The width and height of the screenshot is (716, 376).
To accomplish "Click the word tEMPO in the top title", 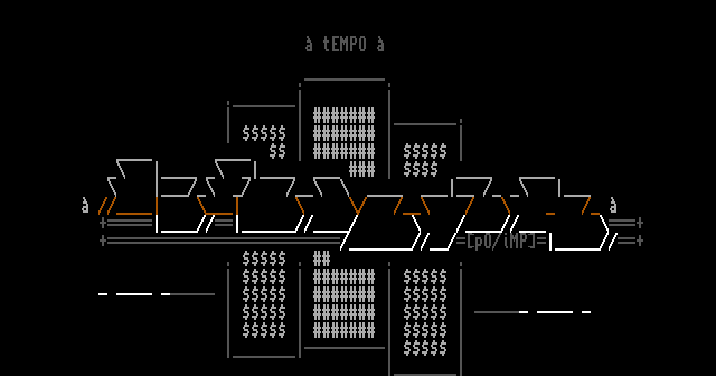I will (345, 44).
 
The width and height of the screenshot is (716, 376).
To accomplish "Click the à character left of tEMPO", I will (309, 44).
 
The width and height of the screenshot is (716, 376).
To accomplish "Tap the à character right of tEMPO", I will (380, 44).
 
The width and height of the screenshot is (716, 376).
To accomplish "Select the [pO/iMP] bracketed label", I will (501, 241).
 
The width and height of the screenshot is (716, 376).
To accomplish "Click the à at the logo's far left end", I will (85, 205).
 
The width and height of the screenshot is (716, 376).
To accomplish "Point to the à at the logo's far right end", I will (613, 205).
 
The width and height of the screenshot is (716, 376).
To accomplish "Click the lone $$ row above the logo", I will (277, 152).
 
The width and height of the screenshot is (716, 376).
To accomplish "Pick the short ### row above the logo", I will (362, 170).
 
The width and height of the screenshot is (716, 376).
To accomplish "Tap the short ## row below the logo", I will (322, 259).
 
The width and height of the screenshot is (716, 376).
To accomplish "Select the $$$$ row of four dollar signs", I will (421, 170).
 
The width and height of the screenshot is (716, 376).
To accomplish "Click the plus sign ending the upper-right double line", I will (640, 223).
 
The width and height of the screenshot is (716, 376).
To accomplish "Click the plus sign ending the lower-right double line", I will (640, 241).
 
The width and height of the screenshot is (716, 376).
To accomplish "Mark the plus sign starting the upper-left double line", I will (103, 223).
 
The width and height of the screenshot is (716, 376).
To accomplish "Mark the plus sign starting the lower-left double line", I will (103, 241).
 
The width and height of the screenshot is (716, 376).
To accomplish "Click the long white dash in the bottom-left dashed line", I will (134, 294).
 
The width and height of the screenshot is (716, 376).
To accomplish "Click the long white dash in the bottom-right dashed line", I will (555, 312).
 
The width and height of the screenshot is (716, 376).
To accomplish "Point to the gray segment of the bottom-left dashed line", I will (192, 294).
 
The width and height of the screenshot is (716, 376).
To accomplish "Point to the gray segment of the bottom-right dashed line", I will (496, 312).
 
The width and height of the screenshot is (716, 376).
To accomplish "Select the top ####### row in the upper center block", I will (344, 116).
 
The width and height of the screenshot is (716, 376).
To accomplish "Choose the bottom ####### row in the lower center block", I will (344, 331).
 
